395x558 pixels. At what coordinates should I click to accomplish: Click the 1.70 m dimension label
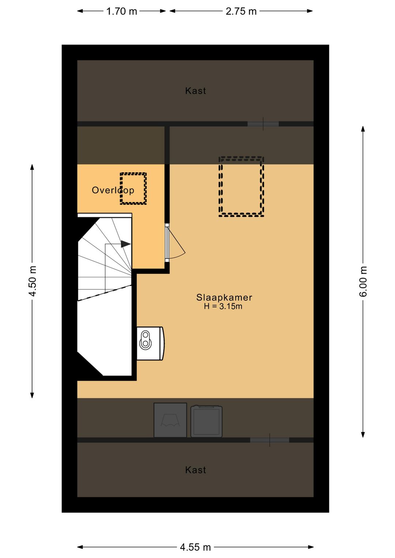(x=121, y=11)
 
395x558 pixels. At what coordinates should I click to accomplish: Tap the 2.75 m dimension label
(x=241, y=11)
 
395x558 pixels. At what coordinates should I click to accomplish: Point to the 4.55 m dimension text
(x=195, y=547)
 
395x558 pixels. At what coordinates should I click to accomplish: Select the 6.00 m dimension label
(x=363, y=281)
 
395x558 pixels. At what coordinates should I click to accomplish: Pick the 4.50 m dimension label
(x=33, y=281)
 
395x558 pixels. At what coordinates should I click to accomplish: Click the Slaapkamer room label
(x=224, y=297)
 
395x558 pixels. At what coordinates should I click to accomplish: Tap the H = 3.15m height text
(x=223, y=306)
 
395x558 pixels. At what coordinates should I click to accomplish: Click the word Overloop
(x=113, y=190)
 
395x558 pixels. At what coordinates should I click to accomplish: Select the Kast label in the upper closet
(x=196, y=91)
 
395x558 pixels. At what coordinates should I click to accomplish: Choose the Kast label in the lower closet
(x=196, y=470)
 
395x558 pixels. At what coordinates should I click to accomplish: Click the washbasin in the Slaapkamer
(x=151, y=343)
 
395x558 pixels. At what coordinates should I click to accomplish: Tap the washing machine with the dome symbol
(x=170, y=420)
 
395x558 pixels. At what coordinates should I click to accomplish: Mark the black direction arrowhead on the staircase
(x=126, y=244)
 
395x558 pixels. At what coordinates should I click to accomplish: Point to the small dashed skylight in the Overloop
(x=133, y=189)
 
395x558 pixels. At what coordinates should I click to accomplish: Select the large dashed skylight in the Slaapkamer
(x=241, y=186)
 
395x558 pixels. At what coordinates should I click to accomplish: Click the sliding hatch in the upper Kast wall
(x=263, y=124)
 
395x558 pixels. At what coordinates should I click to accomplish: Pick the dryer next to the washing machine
(x=206, y=421)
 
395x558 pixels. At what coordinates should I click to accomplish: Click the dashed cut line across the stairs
(x=105, y=293)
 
